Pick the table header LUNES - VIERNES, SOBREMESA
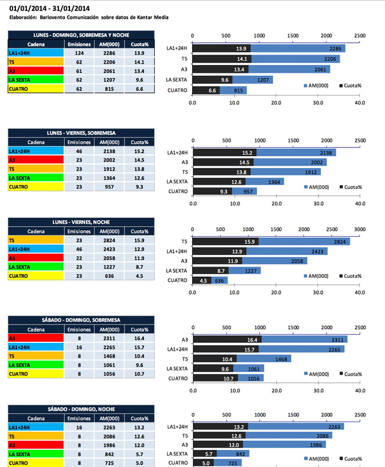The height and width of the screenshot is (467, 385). coord(81,133)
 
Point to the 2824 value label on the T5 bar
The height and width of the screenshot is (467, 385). coord(341,241)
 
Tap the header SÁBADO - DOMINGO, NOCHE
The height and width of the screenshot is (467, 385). coord(81,408)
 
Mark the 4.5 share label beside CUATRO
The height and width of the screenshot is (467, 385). coord(204,280)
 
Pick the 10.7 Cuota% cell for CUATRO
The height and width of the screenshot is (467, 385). coord(138,374)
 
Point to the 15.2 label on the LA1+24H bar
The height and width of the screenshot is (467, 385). coord(248,153)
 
